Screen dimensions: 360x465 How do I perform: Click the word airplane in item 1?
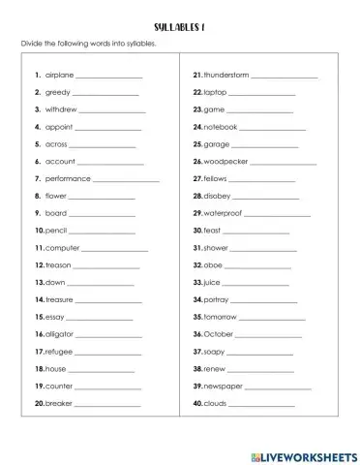point(60,75)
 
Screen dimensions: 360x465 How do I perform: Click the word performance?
point(68,178)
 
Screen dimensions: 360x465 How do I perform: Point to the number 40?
point(196,402)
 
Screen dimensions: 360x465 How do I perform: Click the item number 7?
point(37,178)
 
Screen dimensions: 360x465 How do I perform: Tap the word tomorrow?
point(221,316)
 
